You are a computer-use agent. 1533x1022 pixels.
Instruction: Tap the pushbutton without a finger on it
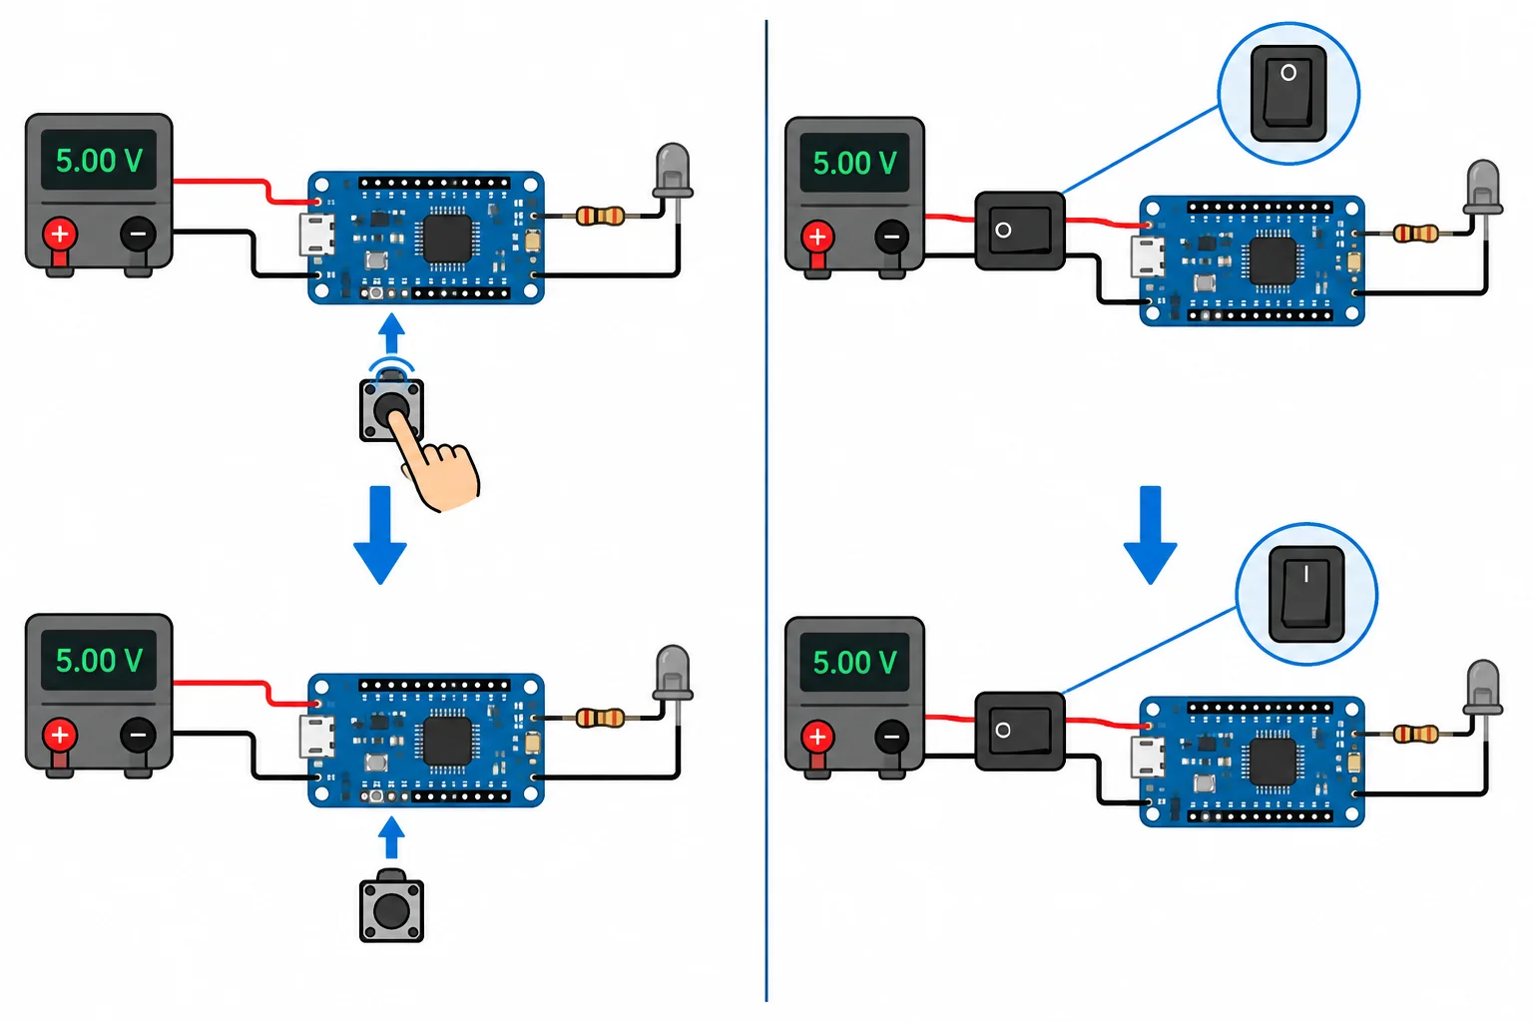391,906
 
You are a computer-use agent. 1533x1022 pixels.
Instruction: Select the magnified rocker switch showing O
1288,93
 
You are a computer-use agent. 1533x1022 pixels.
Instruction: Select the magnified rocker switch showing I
1306,594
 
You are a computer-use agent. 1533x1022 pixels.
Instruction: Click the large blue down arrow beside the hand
380,535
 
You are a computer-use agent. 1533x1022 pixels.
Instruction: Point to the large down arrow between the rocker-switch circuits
1150,535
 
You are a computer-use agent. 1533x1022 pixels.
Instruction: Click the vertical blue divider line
766,511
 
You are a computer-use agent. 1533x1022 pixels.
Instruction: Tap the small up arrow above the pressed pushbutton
391,333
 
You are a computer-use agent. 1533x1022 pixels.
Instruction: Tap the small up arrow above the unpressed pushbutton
391,836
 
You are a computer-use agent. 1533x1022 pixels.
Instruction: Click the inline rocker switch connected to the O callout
1020,231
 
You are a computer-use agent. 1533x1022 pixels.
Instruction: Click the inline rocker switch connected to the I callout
1020,732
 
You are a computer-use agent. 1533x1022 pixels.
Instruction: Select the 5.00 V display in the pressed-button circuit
99,160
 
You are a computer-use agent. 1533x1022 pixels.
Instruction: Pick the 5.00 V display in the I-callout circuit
854,662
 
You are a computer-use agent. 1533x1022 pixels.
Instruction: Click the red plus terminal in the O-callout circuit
817,237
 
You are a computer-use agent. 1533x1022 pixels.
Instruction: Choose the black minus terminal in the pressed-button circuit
138,235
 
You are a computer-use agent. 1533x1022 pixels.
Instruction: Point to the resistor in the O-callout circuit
1415,235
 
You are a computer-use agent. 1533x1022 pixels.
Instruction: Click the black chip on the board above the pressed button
447,239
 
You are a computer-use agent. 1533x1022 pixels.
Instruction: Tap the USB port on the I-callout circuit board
1147,758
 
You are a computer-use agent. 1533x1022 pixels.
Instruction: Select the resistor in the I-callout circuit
1415,735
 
